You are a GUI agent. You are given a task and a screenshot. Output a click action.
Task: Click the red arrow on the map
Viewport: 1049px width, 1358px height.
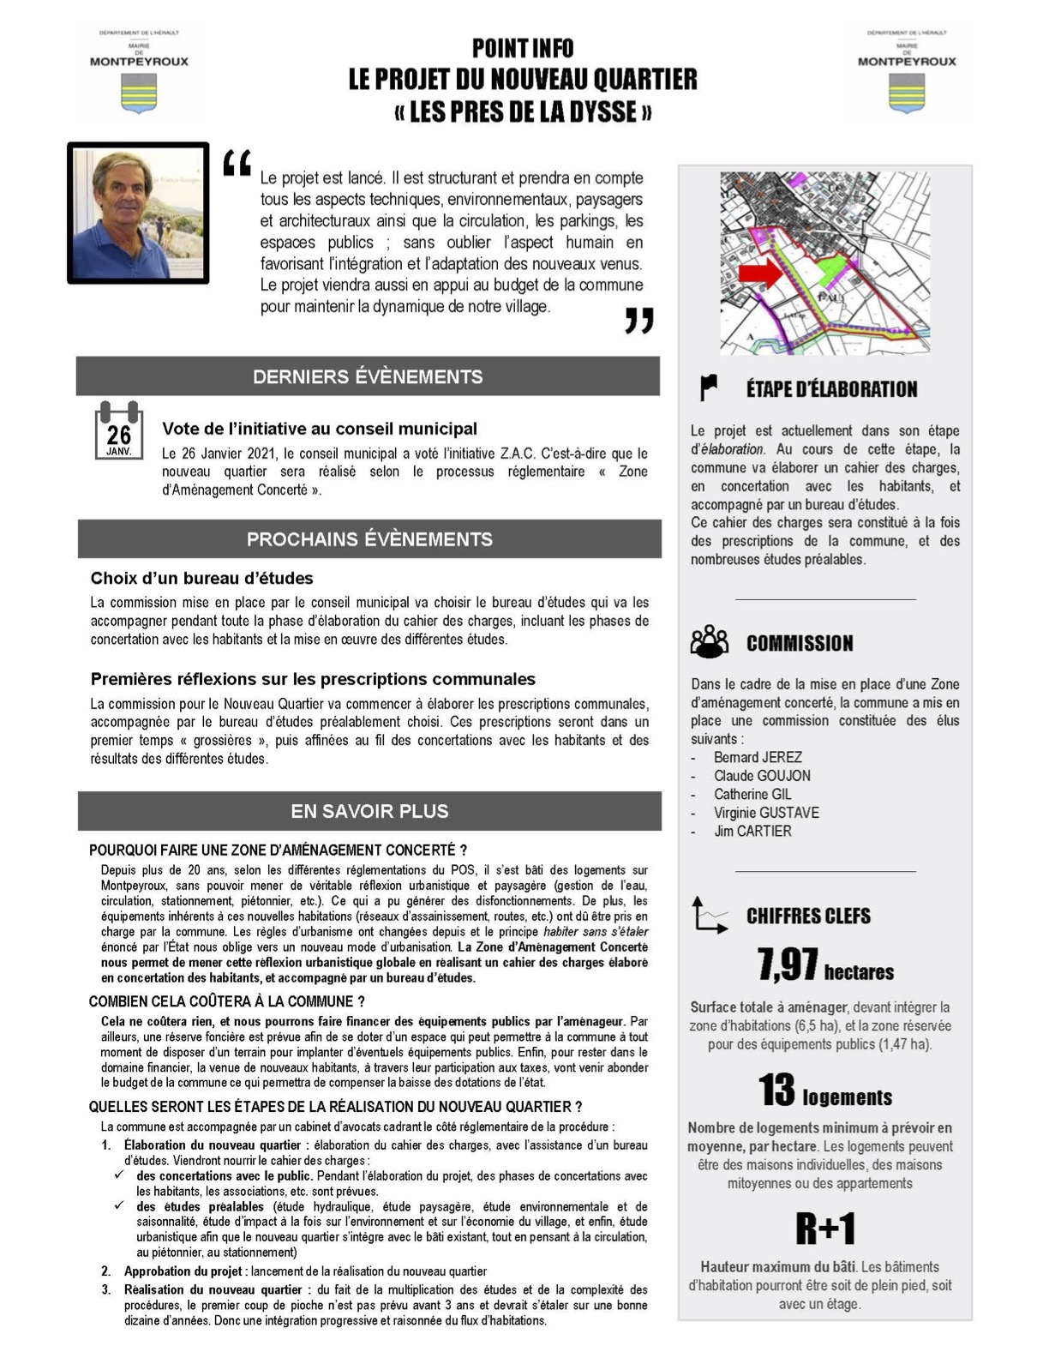click(x=760, y=273)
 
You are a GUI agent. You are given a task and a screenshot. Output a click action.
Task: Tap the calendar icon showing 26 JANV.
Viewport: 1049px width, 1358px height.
click(x=118, y=431)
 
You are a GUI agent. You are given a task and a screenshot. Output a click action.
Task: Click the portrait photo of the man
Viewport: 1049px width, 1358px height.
click(x=138, y=213)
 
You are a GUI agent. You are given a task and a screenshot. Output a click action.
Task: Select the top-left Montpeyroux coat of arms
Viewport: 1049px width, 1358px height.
click(x=139, y=93)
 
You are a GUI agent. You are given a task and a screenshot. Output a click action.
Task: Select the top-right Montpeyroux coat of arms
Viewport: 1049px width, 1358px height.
click(x=907, y=93)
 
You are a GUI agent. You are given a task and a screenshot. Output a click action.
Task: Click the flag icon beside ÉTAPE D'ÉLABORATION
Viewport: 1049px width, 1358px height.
click(x=709, y=388)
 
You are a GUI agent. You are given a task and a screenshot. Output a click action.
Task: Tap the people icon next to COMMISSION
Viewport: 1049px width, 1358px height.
click(x=710, y=641)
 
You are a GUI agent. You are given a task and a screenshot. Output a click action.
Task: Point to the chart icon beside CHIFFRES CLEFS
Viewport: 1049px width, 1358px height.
click(x=710, y=915)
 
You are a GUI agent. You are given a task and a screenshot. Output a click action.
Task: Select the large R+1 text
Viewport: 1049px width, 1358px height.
click(x=825, y=1229)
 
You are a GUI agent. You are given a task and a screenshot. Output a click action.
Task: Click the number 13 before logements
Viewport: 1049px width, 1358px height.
click(x=776, y=1091)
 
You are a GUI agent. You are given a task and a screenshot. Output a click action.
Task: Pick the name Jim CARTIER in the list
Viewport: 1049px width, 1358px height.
click(x=752, y=831)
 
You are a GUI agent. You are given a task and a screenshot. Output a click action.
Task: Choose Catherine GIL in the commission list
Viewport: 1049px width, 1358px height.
click(x=752, y=794)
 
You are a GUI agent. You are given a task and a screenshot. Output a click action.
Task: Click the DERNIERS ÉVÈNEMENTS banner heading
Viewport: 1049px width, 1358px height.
click(x=368, y=376)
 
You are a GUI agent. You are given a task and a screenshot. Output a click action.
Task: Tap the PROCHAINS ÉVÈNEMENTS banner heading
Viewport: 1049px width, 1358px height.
click(x=369, y=539)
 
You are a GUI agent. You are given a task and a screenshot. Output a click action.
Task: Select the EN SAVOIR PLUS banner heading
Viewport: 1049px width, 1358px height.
click(x=369, y=811)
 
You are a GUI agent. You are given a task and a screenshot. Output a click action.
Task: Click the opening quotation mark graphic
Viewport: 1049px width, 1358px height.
click(x=237, y=163)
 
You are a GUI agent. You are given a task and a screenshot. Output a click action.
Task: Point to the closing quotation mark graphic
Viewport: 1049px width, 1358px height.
click(x=638, y=321)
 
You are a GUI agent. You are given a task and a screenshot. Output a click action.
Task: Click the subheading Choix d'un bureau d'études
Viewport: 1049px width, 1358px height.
click(x=202, y=578)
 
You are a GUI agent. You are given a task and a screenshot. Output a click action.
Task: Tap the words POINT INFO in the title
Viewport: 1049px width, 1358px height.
click(x=523, y=48)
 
